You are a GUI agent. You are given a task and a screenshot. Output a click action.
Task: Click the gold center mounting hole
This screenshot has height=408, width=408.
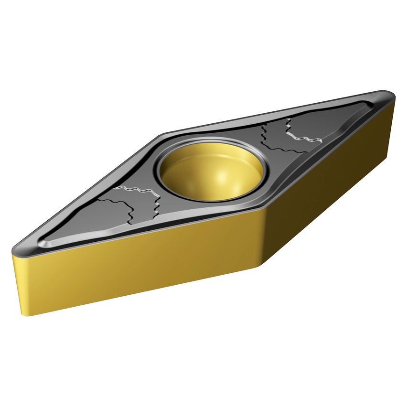211,170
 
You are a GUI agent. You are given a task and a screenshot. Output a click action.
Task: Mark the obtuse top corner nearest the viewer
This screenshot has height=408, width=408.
261,210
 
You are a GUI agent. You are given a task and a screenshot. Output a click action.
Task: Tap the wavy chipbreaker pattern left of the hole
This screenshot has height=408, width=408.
131,203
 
